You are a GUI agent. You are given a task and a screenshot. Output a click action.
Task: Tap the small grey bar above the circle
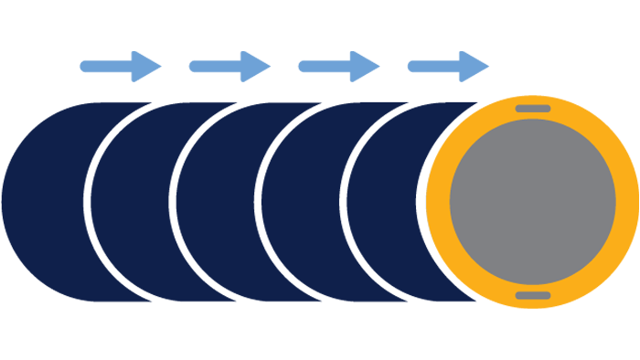533,109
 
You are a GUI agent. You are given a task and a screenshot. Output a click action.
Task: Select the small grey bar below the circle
533,295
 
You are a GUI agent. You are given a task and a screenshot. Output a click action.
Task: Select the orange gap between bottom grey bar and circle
533,288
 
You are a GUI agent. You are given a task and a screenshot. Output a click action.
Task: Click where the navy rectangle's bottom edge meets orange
482,306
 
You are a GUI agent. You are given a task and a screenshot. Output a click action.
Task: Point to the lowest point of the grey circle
533,284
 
